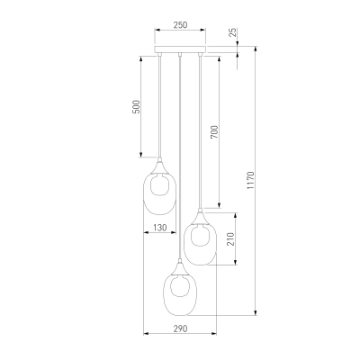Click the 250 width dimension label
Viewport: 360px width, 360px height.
[x=180, y=25]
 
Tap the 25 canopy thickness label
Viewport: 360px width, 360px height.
[x=233, y=32]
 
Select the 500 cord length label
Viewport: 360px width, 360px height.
[x=136, y=107]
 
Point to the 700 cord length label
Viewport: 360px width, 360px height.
[x=215, y=132]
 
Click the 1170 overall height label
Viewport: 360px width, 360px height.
[x=251, y=180]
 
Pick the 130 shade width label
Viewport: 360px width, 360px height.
[x=160, y=228]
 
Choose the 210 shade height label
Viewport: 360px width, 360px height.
[x=230, y=239]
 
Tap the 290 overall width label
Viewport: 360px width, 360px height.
[x=180, y=328]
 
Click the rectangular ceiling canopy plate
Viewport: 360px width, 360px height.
[x=180, y=49]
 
